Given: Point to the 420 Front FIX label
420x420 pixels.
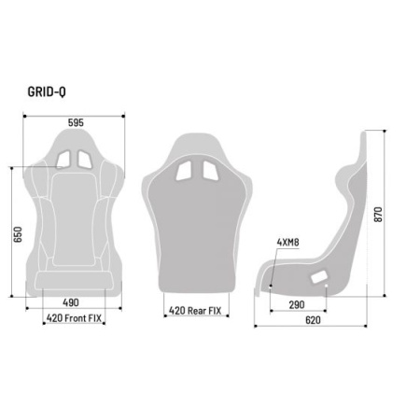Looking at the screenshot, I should tap(75, 318).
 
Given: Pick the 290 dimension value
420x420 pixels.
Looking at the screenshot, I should tap(298, 305).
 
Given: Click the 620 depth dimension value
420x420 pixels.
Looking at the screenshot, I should tap(313, 319).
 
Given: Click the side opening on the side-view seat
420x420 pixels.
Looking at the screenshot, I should tap(320, 277).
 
